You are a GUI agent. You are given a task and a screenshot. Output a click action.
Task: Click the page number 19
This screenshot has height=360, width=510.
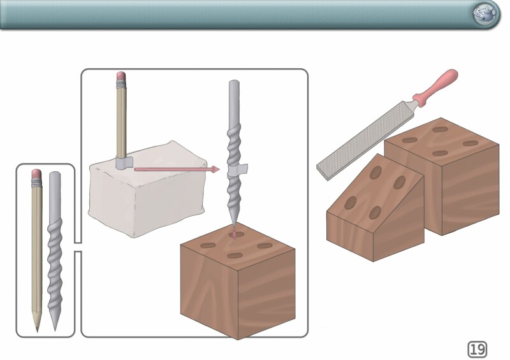click(x=477, y=349)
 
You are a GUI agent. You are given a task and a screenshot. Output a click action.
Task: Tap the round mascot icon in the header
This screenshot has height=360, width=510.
click(x=486, y=15)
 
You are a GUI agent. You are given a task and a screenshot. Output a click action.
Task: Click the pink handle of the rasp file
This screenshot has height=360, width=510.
click(x=437, y=87)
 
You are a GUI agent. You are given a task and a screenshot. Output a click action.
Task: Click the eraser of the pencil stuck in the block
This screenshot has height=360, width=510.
click(x=121, y=76)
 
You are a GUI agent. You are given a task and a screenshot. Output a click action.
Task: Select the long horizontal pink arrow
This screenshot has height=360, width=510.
click(x=177, y=169)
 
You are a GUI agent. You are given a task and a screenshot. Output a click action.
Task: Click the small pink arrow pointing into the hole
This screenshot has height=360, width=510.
click(x=234, y=234)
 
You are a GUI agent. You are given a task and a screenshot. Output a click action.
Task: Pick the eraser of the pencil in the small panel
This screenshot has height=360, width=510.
click(x=36, y=174)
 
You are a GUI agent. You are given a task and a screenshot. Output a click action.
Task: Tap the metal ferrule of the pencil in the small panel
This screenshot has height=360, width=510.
click(x=36, y=182)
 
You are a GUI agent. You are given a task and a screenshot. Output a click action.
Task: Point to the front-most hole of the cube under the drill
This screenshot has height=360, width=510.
click(x=235, y=256)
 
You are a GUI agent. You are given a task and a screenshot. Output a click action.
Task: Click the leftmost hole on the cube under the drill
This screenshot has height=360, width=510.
click(x=208, y=245)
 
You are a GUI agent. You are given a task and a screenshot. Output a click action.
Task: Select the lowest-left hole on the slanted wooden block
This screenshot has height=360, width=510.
click(x=350, y=203)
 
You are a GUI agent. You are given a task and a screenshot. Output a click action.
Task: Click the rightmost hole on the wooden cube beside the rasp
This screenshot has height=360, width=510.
click(x=470, y=143)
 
